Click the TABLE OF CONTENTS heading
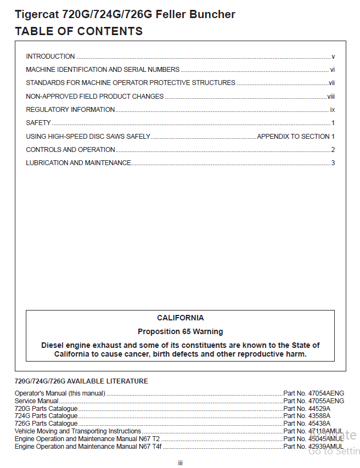(x=78, y=31)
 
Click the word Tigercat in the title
(x=38, y=14)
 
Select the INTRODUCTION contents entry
(x=50, y=57)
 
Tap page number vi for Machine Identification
(x=332, y=70)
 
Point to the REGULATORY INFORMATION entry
(x=70, y=110)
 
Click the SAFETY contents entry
(x=38, y=123)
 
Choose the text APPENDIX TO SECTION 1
(x=296, y=136)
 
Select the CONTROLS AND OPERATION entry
(x=70, y=150)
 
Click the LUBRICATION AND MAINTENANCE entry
(x=78, y=163)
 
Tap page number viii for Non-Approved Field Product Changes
(x=331, y=97)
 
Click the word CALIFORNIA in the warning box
(x=180, y=318)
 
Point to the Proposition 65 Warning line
(x=180, y=331)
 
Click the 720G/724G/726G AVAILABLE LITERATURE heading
(x=81, y=381)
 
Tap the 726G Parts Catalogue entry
(x=46, y=424)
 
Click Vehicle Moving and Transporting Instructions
(x=77, y=431)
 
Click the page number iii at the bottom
(x=180, y=463)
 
